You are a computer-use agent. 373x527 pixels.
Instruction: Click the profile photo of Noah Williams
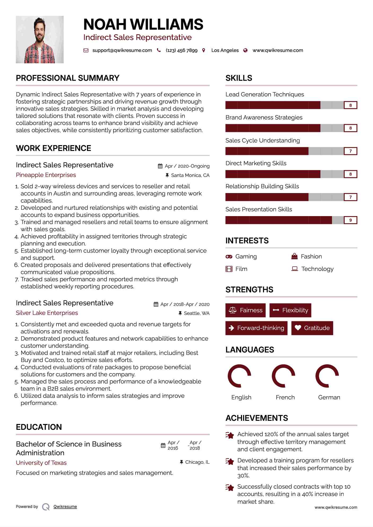(x=40, y=40)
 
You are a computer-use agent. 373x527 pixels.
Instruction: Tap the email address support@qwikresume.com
(x=122, y=50)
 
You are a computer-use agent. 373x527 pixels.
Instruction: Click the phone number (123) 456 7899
(x=182, y=50)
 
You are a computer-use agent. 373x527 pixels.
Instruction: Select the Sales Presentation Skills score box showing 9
(x=350, y=220)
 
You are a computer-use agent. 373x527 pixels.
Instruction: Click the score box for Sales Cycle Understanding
(x=350, y=151)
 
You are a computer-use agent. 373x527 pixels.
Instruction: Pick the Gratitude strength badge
(x=312, y=328)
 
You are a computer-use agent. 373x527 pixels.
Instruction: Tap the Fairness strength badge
(x=245, y=310)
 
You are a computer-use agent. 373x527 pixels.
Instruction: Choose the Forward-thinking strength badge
(x=256, y=328)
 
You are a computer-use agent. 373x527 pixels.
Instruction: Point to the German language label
(x=329, y=397)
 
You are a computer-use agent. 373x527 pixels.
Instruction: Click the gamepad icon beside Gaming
(x=229, y=257)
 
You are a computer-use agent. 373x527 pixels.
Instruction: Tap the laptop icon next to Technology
(x=295, y=269)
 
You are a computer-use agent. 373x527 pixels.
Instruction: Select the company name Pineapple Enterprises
(x=46, y=175)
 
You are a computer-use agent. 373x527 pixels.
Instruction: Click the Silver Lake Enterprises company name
(x=47, y=313)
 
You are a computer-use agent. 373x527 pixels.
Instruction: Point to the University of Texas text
(x=41, y=463)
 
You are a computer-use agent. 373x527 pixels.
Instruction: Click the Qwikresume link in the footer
(x=65, y=507)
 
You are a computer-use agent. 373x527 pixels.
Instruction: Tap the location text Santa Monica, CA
(x=190, y=175)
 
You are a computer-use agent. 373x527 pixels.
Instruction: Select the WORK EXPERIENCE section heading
(x=54, y=148)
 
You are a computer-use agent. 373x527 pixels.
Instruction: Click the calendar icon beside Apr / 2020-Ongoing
(x=160, y=166)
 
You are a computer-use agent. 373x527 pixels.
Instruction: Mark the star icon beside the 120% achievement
(x=230, y=435)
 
